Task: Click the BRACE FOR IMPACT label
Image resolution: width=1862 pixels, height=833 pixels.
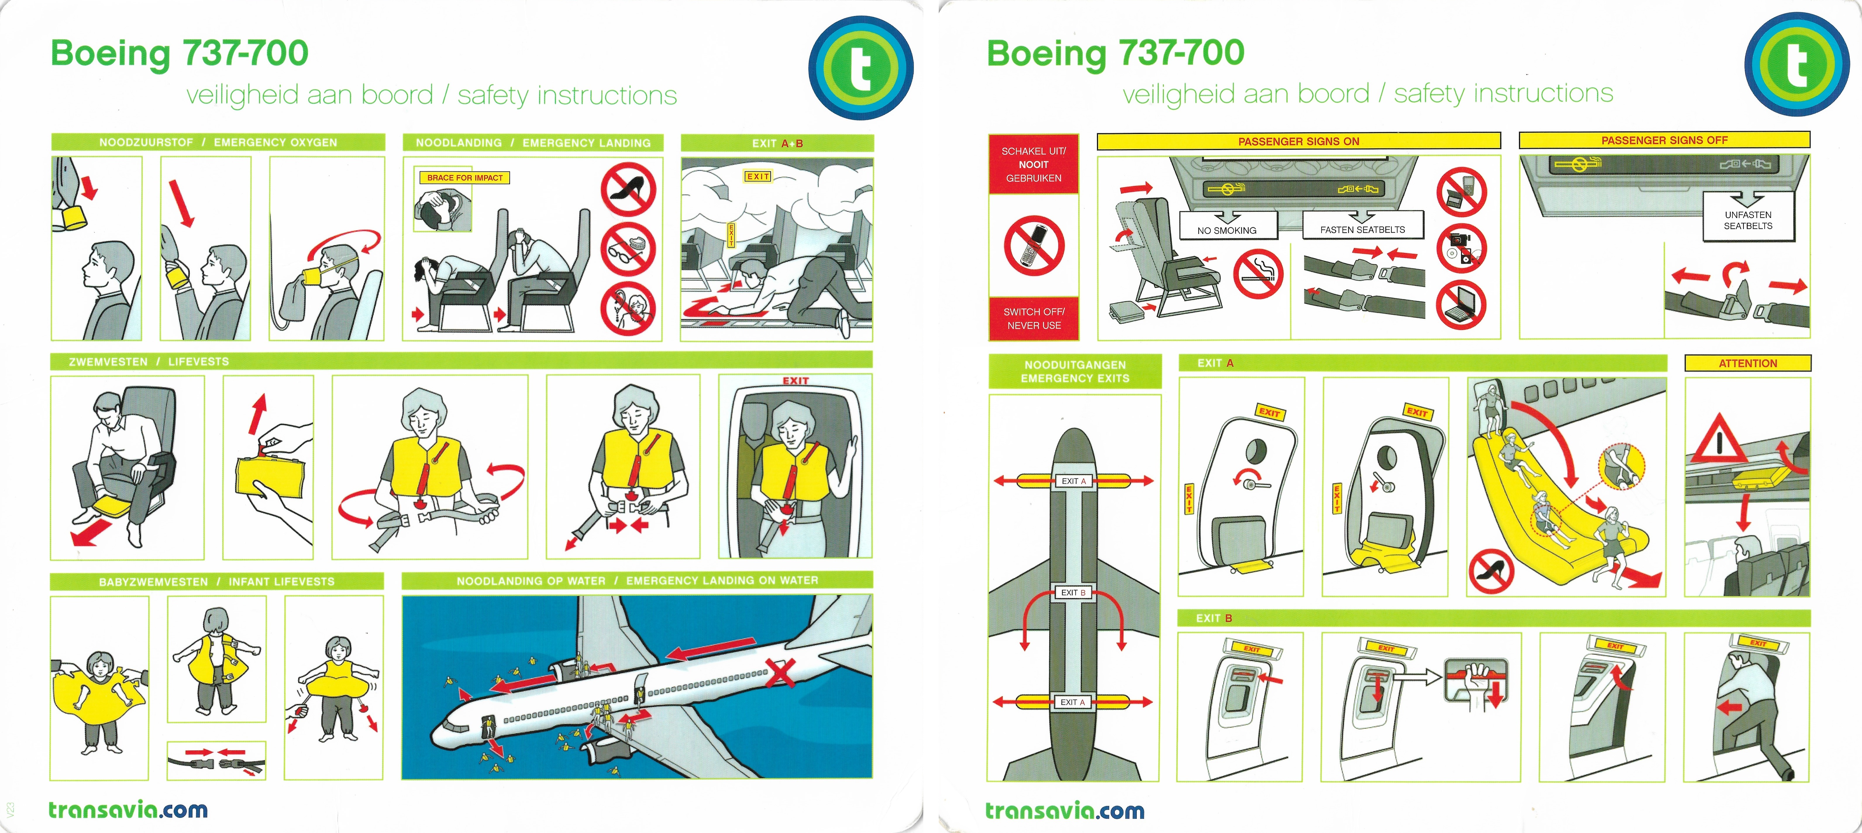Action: (464, 177)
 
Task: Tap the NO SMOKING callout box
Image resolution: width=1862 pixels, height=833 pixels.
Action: (1227, 226)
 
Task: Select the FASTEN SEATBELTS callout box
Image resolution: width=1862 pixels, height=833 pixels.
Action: (1363, 225)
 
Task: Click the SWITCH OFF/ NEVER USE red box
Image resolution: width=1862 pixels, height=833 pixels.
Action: (1034, 318)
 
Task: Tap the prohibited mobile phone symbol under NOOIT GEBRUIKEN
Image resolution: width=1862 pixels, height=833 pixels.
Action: (1034, 246)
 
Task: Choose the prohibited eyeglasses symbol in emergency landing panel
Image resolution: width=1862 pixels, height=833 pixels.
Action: (628, 249)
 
